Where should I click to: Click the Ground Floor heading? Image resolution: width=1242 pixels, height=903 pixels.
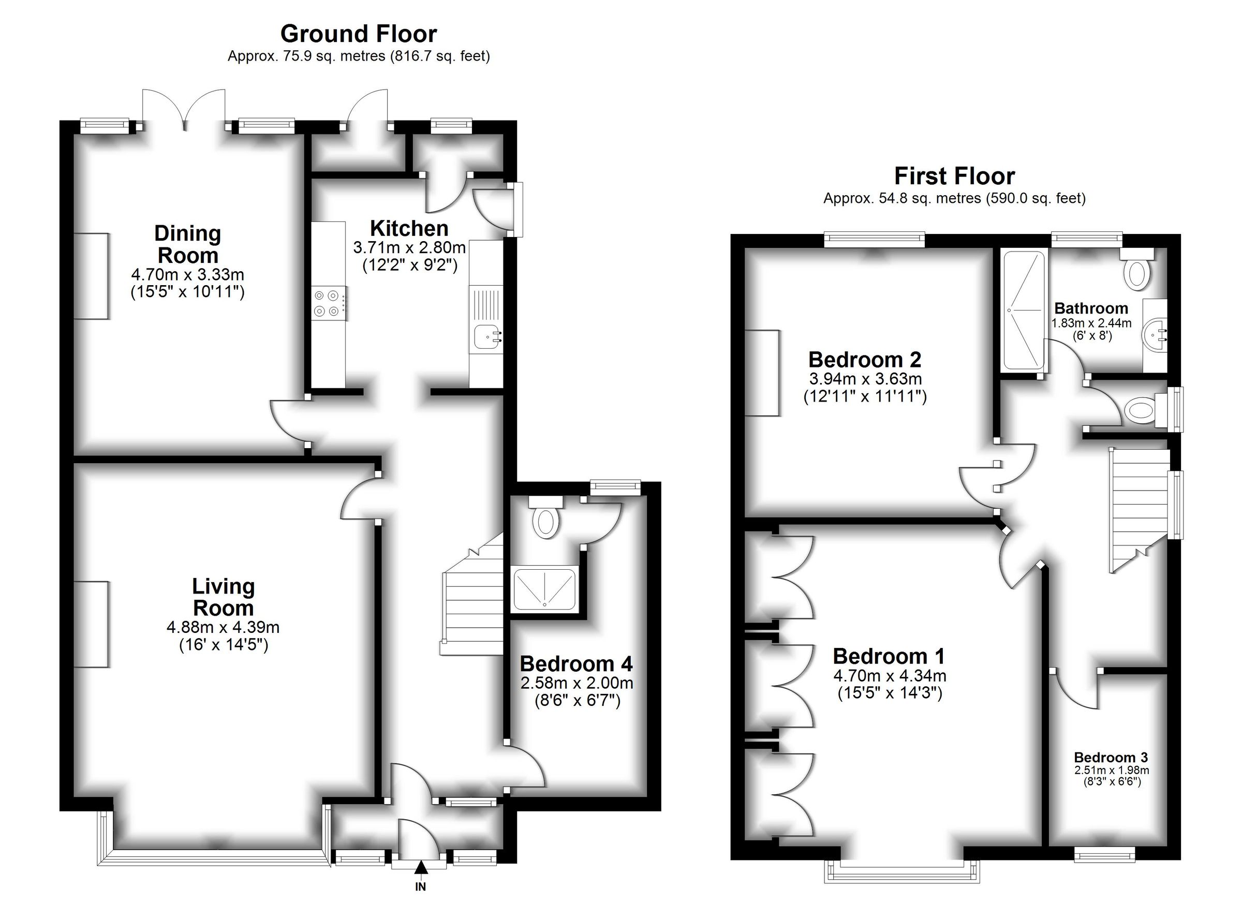pos(358,34)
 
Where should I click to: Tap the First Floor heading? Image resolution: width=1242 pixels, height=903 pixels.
pos(954,176)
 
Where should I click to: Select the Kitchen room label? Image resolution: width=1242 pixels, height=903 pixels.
pos(409,228)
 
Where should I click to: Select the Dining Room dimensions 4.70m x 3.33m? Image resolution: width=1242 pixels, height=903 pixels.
pos(187,274)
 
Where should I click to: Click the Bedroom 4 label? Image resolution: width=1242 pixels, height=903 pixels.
pos(576,664)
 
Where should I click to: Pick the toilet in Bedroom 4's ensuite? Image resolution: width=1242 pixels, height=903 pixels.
pos(546,521)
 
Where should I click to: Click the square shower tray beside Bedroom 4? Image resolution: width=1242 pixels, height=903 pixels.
pos(545,590)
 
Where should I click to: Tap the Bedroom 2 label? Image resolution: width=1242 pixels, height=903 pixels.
pos(865,360)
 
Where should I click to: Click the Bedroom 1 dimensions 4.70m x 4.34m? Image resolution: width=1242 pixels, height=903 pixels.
pos(890,676)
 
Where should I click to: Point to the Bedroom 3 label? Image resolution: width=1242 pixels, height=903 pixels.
pos(1111,758)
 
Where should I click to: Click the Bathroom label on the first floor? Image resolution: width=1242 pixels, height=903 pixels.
pos(1090,308)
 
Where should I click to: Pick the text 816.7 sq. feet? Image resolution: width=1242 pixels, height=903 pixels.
pos(439,56)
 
